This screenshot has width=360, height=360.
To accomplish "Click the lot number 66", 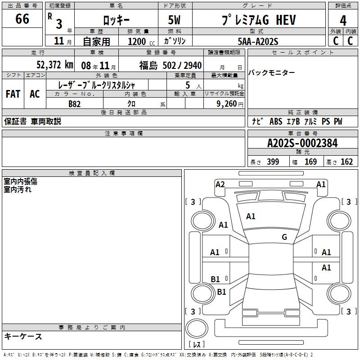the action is pyautogui.click(x=22, y=18).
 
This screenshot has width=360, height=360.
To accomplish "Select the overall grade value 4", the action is pyautogui.click(x=343, y=21).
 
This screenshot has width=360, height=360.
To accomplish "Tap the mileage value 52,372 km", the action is pyautogui.click(x=55, y=65).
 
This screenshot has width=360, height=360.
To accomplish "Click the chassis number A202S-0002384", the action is pyautogui.click(x=302, y=143).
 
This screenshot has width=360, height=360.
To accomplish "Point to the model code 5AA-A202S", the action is pyautogui.click(x=258, y=41).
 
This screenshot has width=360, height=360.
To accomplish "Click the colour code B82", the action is pyautogui.click(x=75, y=104).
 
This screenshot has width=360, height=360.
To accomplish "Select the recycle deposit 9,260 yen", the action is pyautogui.click(x=230, y=104).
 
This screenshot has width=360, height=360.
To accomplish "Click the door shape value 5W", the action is pyautogui.click(x=174, y=20).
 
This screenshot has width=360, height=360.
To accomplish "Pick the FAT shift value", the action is pyautogui.click(x=13, y=94).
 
